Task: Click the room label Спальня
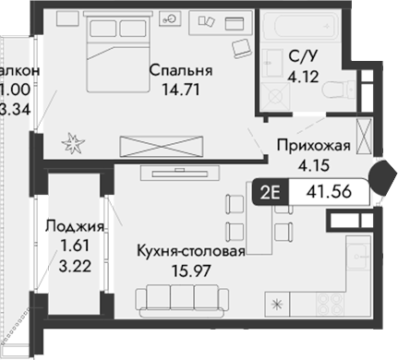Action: point(181,71)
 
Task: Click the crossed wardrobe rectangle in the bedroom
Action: point(163,146)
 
